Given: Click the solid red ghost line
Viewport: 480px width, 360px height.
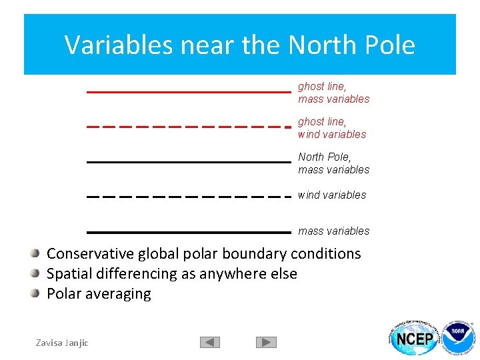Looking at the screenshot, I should (x=189, y=91).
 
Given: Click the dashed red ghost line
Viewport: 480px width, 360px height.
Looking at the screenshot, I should (x=189, y=127).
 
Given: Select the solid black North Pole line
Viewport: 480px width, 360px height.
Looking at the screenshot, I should (x=189, y=161).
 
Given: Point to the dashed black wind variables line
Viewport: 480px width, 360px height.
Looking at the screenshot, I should (x=189, y=197).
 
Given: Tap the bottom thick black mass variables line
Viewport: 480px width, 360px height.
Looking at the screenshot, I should (x=189, y=232).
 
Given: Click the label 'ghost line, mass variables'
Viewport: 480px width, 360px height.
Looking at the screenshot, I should (x=333, y=93).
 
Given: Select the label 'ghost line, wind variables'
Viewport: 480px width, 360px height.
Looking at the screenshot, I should (x=332, y=128).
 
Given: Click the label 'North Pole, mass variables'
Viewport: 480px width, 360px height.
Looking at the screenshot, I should (x=333, y=163).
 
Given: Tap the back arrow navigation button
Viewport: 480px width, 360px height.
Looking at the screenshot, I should (x=210, y=342).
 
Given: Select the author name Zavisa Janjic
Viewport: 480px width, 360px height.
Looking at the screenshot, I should (x=62, y=343).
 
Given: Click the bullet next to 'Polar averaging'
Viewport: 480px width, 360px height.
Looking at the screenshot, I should (x=35, y=293).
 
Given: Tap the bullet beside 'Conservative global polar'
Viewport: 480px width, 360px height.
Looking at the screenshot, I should (x=35, y=253).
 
